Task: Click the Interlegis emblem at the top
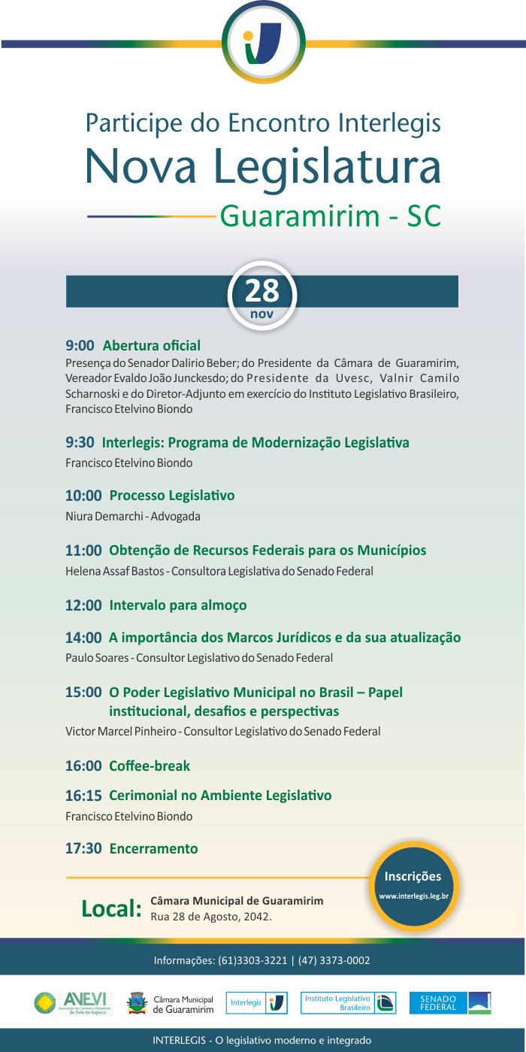tap(264, 43)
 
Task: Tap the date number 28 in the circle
tap(261, 290)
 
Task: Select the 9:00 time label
tap(80, 346)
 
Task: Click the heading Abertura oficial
tap(152, 346)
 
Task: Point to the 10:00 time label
tap(83, 496)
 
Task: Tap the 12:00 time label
tap(83, 605)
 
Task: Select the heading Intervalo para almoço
tap(178, 605)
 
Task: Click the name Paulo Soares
tap(98, 658)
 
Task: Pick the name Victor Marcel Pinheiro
tap(120, 731)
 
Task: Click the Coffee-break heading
tap(150, 766)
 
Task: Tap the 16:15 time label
tap(83, 796)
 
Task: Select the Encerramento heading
tap(154, 848)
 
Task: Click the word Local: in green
tap(111, 908)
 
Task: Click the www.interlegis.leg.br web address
tap(413, 896)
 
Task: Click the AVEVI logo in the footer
tap(74, 1003)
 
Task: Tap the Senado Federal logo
tap(450, 1003)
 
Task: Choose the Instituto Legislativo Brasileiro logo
tap(348, 1003)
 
